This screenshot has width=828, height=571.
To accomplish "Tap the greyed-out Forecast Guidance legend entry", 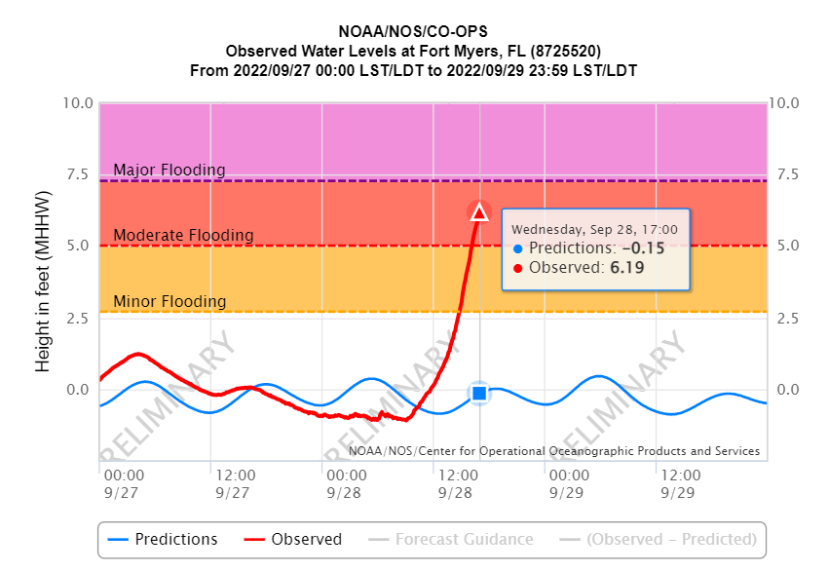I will point(450,539).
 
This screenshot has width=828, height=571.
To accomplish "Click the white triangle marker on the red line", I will point(478,212).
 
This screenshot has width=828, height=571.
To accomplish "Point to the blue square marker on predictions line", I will point(478,393).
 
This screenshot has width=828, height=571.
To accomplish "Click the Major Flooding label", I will point(169,171).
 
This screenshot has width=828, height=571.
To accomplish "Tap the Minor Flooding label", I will point(169,302).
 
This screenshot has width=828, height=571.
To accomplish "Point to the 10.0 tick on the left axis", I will point(77,103).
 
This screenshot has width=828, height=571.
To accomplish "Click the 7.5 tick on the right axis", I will point(782,174).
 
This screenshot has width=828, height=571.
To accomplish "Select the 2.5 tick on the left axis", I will point(81,318).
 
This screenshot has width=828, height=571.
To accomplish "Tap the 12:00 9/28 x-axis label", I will point(458,483).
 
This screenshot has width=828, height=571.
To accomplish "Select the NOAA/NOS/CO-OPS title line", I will point(414,32).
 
